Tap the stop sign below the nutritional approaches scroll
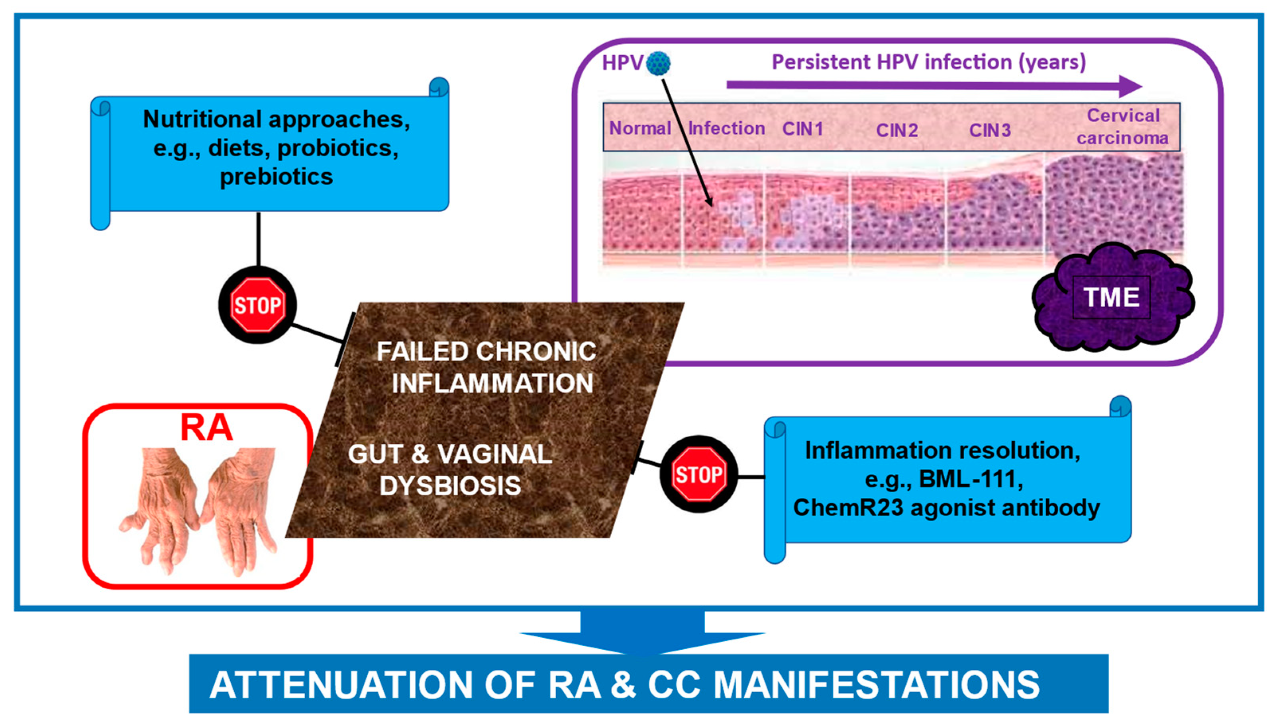click(x=257, y=305)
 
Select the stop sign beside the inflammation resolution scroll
click(x=698, y=474)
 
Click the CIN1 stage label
click(x=803, y=129)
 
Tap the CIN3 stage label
click(x=990, y=130)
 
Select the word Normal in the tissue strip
click(x=640, y=128)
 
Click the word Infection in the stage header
click(x=726, y=128)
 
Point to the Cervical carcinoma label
click(x=1122, y=127)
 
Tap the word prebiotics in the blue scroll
click(x=277, y=177)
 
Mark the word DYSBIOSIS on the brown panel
click(x=450, y=485)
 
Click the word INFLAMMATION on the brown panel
click(x=492, y=383)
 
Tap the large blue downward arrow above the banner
click(x=642, y=631)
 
